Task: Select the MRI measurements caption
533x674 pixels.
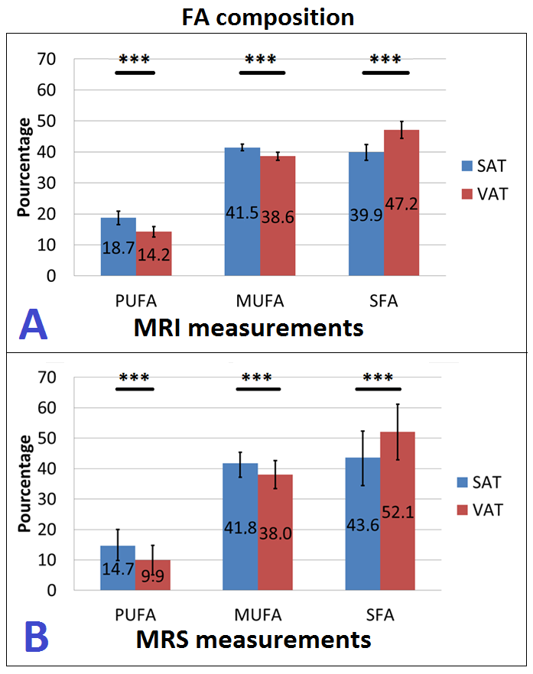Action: [248, 329]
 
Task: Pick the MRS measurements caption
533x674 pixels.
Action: [253, 639]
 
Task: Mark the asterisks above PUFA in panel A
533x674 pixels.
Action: [134, 60]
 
